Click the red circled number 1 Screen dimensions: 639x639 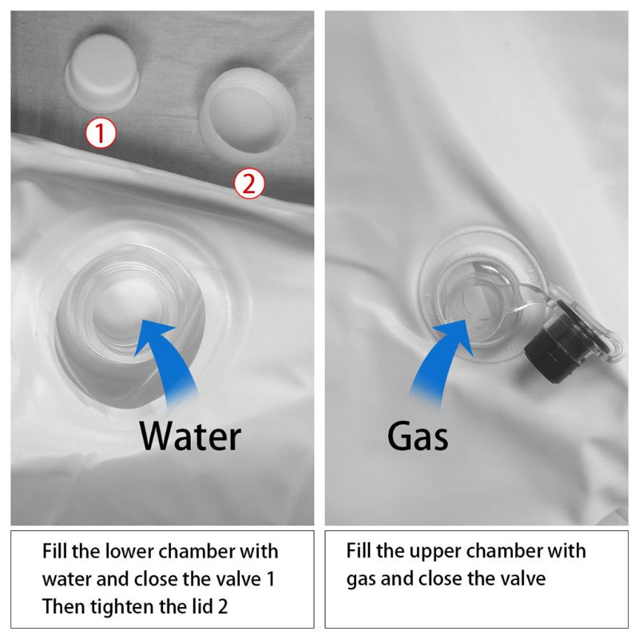click(101, 133)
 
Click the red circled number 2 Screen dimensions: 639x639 click(249, 184)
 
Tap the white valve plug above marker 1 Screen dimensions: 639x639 click(102, 73)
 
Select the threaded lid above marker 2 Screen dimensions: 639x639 click(248, 110)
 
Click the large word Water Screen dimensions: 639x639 click(190, 435)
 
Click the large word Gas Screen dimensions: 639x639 click(418, 435)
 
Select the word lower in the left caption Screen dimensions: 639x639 click(129, 551)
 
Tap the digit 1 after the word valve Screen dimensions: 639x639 click(270, 579)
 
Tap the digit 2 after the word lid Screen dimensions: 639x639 click(223, 607)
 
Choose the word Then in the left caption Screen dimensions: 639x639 click(64, 607)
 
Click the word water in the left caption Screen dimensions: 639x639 click(67, 579)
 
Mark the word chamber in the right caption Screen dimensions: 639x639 click(503, 551)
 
